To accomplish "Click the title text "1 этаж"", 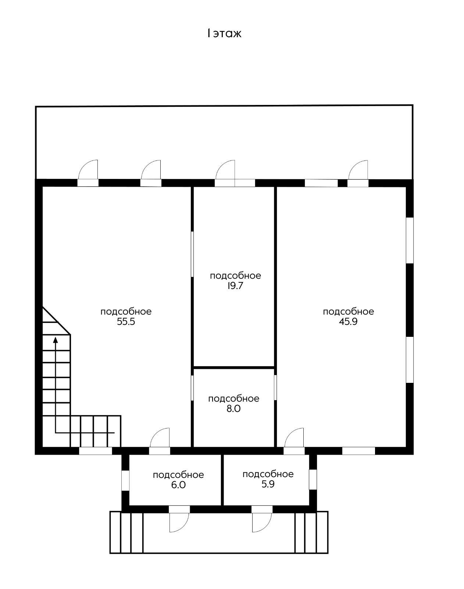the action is [224, 33].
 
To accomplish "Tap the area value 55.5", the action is [126, 322].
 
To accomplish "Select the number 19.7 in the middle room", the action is [235, 286].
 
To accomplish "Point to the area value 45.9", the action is [348, 322].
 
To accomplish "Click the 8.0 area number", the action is [233, 409].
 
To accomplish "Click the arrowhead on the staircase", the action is [56, 340].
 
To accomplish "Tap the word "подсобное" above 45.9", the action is [348, 312].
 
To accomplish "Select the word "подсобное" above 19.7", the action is [235, 276].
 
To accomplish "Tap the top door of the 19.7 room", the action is [225, 173].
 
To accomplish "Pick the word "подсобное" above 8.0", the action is [234, 399].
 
